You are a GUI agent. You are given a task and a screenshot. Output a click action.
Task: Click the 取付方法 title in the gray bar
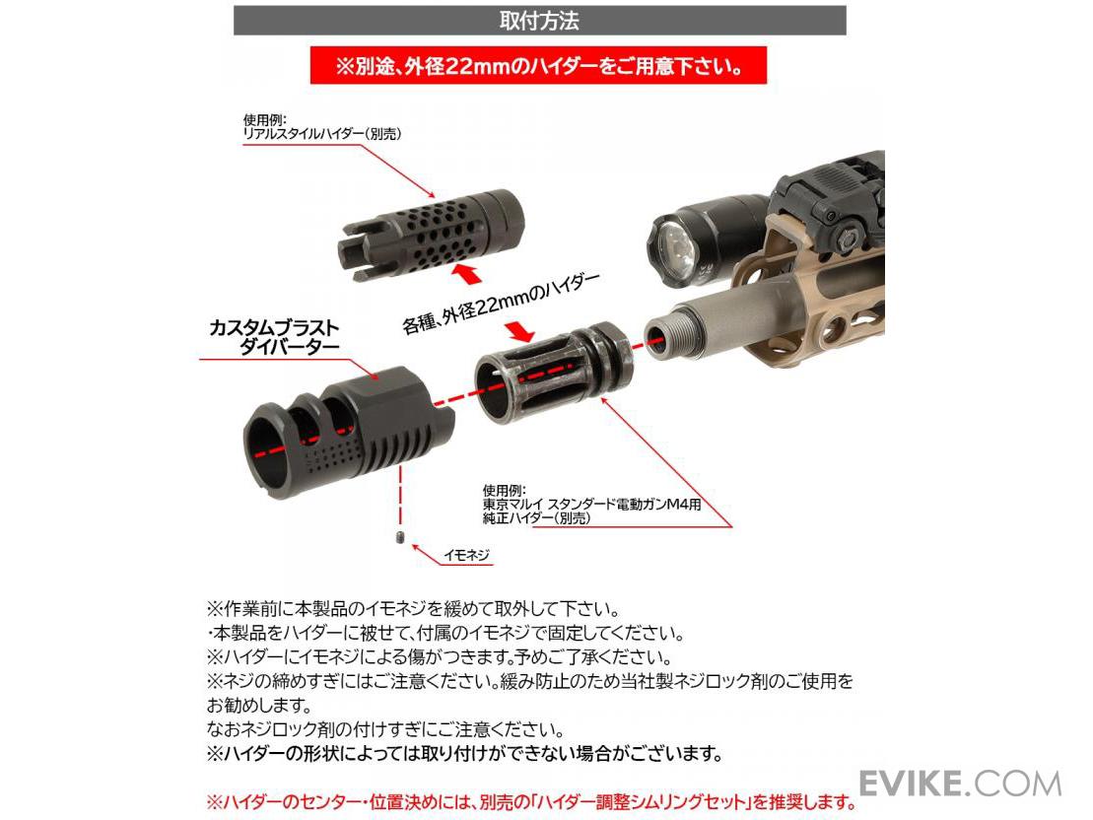[539, 21]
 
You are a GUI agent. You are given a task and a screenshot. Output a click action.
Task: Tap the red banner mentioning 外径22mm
[538, 66]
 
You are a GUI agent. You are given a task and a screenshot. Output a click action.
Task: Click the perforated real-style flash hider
[432, 235]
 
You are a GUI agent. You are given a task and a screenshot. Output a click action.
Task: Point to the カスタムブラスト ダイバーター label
[274, 337]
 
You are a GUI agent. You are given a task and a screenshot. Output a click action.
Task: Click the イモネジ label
[467, 555]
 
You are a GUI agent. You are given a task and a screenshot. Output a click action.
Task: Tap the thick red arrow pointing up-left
[466, 273]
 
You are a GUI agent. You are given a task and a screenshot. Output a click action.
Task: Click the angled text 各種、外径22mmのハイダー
[500, 303]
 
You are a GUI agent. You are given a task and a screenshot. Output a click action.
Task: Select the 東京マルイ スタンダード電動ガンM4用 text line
[591, 505]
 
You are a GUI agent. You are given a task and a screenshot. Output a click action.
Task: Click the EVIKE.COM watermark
[961, 784]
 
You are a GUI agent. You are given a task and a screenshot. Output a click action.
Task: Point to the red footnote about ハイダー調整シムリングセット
[531, 802]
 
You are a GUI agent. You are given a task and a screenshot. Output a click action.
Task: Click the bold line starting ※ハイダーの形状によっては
[463, 754]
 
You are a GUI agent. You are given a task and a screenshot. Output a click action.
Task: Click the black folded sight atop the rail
[830, 202]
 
